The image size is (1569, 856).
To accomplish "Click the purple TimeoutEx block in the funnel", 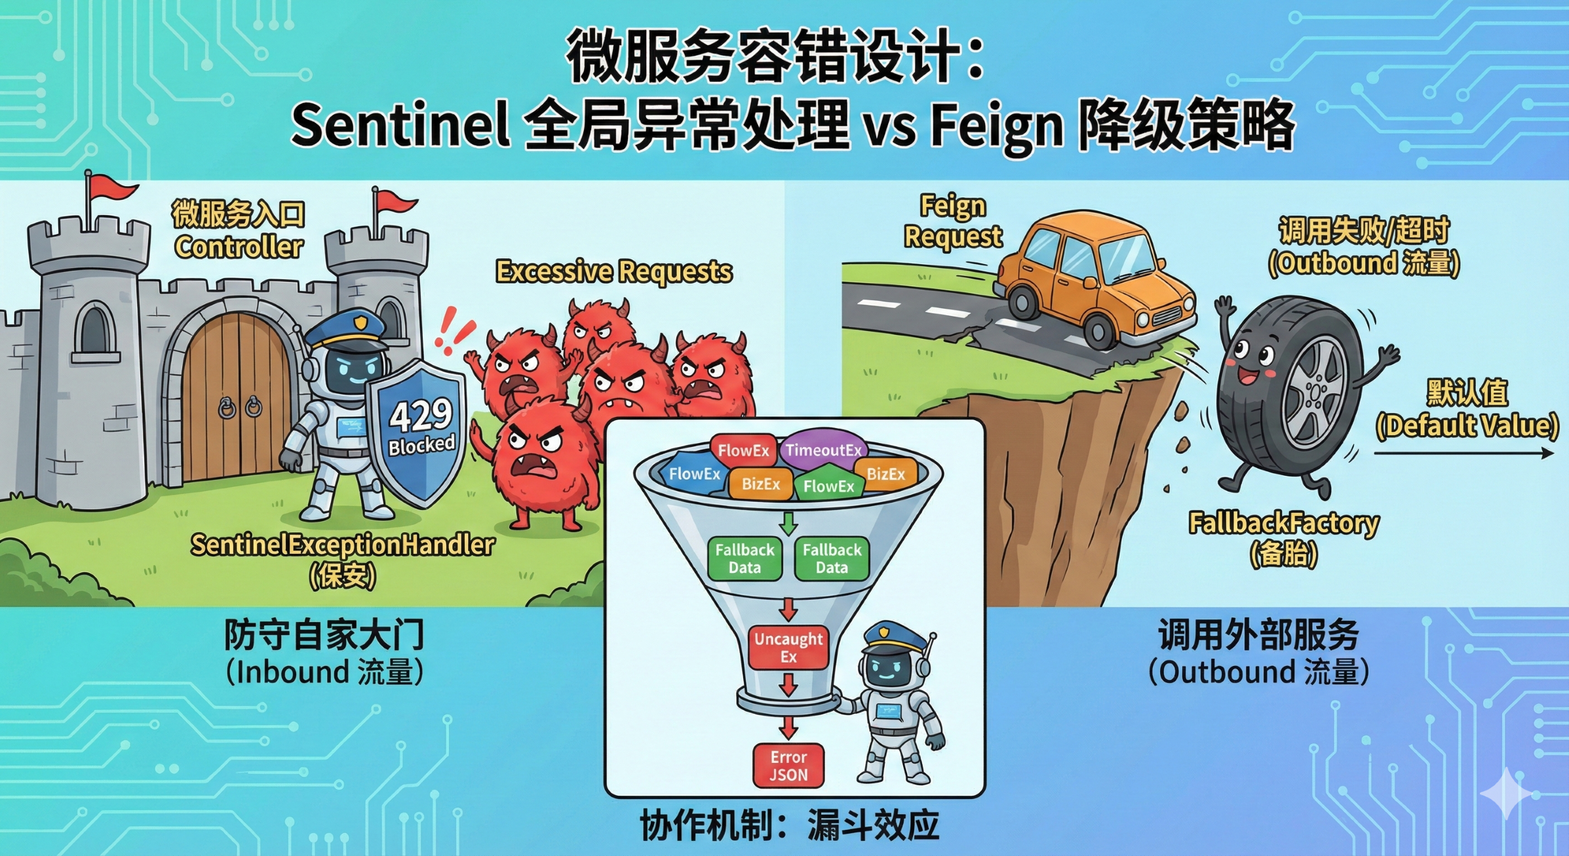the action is coord(823,450).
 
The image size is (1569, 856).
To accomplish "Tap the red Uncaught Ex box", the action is coord(788,648).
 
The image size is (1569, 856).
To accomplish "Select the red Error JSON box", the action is coord(788,766).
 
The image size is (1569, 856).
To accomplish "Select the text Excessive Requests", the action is coord(613,271).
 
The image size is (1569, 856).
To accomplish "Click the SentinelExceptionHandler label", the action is coord(342,545).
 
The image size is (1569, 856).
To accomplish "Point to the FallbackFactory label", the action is coord(1283,524).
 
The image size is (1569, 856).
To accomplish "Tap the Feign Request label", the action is coord(953,221).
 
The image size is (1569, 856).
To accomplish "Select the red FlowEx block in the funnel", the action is coord(743,450).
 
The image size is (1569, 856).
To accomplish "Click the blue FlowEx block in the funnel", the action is coord(694,474).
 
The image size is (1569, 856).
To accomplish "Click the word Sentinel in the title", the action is coord(400,125).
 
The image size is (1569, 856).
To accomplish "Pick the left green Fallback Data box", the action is coord(745,558).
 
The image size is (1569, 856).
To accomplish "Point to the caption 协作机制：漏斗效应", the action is coord(789,825).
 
